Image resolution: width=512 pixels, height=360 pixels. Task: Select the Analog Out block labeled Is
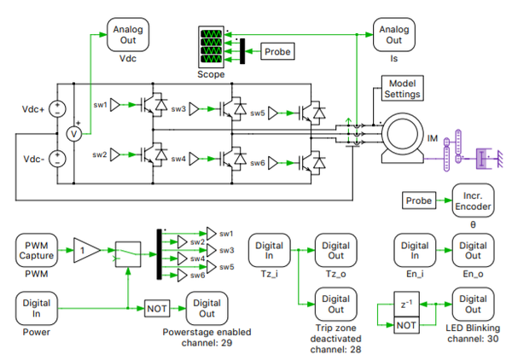393,34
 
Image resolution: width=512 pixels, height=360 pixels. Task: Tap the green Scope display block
211,48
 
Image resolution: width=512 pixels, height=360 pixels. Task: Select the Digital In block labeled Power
36,305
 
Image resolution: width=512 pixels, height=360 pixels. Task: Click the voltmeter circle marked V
74,134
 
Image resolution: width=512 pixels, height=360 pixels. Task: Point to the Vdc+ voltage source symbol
56,109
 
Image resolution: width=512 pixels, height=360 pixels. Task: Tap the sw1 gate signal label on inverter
101,106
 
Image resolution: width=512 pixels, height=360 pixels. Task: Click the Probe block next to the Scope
276,52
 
